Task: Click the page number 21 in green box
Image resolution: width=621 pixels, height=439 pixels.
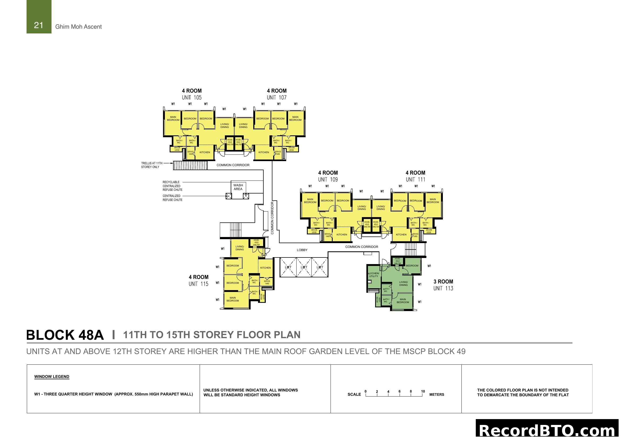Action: point(39,25)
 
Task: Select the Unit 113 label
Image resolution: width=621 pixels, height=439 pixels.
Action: point(443,289)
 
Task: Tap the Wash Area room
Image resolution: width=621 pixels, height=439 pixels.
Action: point(238,187)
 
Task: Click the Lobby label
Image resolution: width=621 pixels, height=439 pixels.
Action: point(302,250)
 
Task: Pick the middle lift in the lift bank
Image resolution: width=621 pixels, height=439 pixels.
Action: point(304,267)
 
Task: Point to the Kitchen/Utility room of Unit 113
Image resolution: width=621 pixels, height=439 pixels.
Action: point(374,275)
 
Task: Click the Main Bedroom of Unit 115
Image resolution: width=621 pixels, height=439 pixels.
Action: point(233,299)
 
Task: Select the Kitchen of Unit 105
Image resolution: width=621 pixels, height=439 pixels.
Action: point(205,152)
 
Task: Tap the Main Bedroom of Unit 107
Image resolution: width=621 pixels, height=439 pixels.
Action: point(295,119)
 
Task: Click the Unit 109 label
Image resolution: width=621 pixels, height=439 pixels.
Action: point(328,179)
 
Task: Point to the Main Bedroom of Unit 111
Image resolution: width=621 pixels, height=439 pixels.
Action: point(432,201)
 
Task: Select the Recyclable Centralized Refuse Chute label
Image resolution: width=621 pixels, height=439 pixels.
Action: point(172,186)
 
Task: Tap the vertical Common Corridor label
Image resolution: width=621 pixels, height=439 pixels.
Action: point(272,218)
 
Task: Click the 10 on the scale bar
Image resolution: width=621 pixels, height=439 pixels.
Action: point(423,391)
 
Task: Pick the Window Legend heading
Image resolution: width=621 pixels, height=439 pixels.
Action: point(52,377)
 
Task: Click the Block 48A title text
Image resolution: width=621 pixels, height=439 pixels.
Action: point(65,335)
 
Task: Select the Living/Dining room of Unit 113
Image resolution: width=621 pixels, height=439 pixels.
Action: point(403,283)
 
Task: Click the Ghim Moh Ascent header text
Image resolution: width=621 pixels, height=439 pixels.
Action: point(78,27)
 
